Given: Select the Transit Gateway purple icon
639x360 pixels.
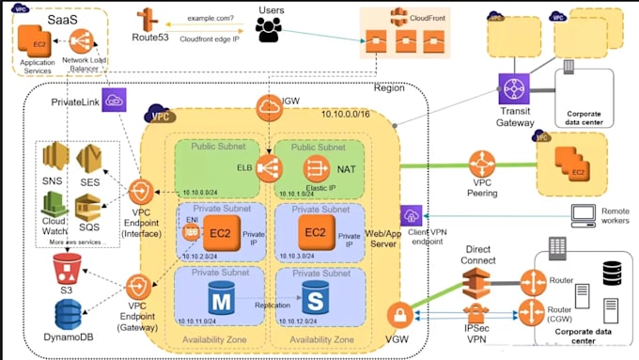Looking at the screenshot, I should point(515,90).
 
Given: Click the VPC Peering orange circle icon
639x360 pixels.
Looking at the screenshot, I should point(483,166).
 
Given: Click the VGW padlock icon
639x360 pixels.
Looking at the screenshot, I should point(398,316).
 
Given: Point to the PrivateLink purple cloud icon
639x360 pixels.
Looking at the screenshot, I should point(114,100).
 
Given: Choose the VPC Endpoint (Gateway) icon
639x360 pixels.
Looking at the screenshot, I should point(138,287).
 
